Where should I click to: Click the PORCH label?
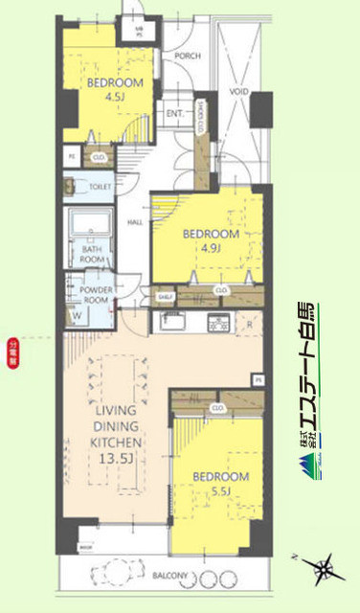[186, 56]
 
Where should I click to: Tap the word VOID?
[238, 93]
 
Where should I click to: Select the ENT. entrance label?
[174, 114]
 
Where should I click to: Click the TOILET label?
[101, 188]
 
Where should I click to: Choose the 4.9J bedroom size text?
[211, 248]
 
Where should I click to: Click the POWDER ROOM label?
[94, 293]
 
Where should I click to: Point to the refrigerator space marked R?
[248, 325]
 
